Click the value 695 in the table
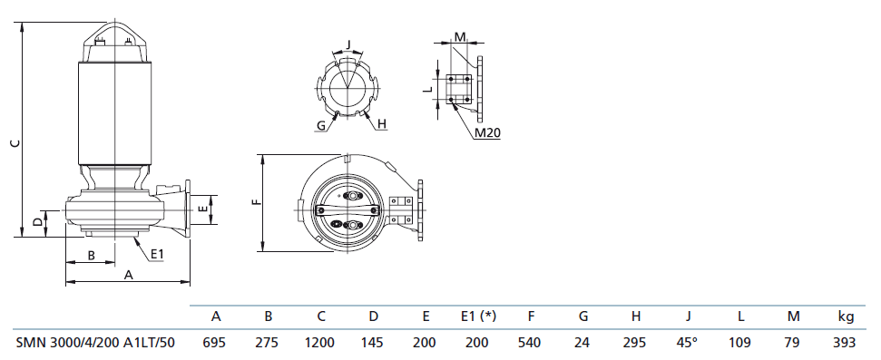(x=216, y=342)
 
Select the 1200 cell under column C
(x=321, y=342)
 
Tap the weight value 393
(x=846, y=342)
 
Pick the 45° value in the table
(x=689, y=342)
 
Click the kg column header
(x=847, y=316)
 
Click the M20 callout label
(x=487, y=132)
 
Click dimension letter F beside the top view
(x=257, y=201)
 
